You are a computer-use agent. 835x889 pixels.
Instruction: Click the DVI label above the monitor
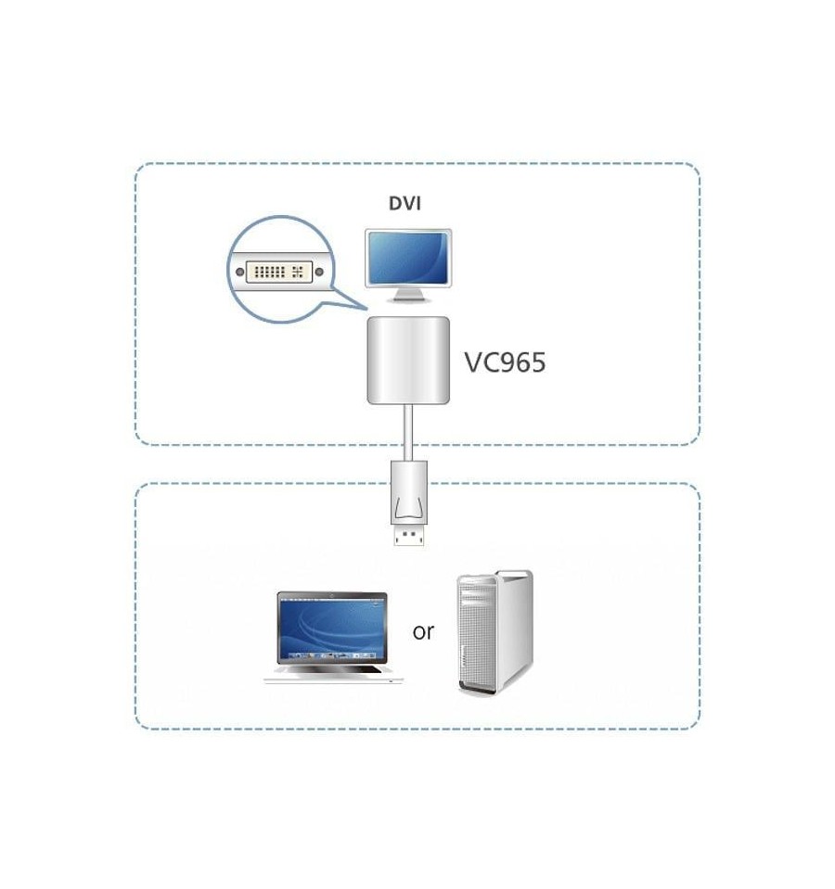pos(405,203)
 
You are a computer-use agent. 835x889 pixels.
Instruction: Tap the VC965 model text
pos(505,362)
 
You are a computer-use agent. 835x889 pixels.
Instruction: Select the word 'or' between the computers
pos(423,631)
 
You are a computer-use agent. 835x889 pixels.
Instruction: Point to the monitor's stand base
pos(408,298)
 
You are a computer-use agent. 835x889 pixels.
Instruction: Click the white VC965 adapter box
pos(408,361)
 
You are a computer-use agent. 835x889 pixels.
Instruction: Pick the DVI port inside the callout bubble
pos(279,273)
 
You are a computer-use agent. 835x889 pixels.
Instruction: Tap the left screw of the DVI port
pos(240,273)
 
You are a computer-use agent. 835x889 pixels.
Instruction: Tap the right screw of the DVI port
pos(319,273)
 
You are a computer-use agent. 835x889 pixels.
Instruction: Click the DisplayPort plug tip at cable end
pos(409,537)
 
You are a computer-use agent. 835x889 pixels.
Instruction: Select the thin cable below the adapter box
pos(408,433)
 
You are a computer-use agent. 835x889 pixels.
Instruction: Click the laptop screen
pos(332,628)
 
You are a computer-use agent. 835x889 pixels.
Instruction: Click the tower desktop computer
pos(495,633)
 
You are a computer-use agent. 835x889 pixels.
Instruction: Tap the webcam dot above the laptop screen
pos(332,595)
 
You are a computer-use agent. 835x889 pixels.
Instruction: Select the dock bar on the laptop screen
pos(332,655)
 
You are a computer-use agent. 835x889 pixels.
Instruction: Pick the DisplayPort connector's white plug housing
pos(409,494)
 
